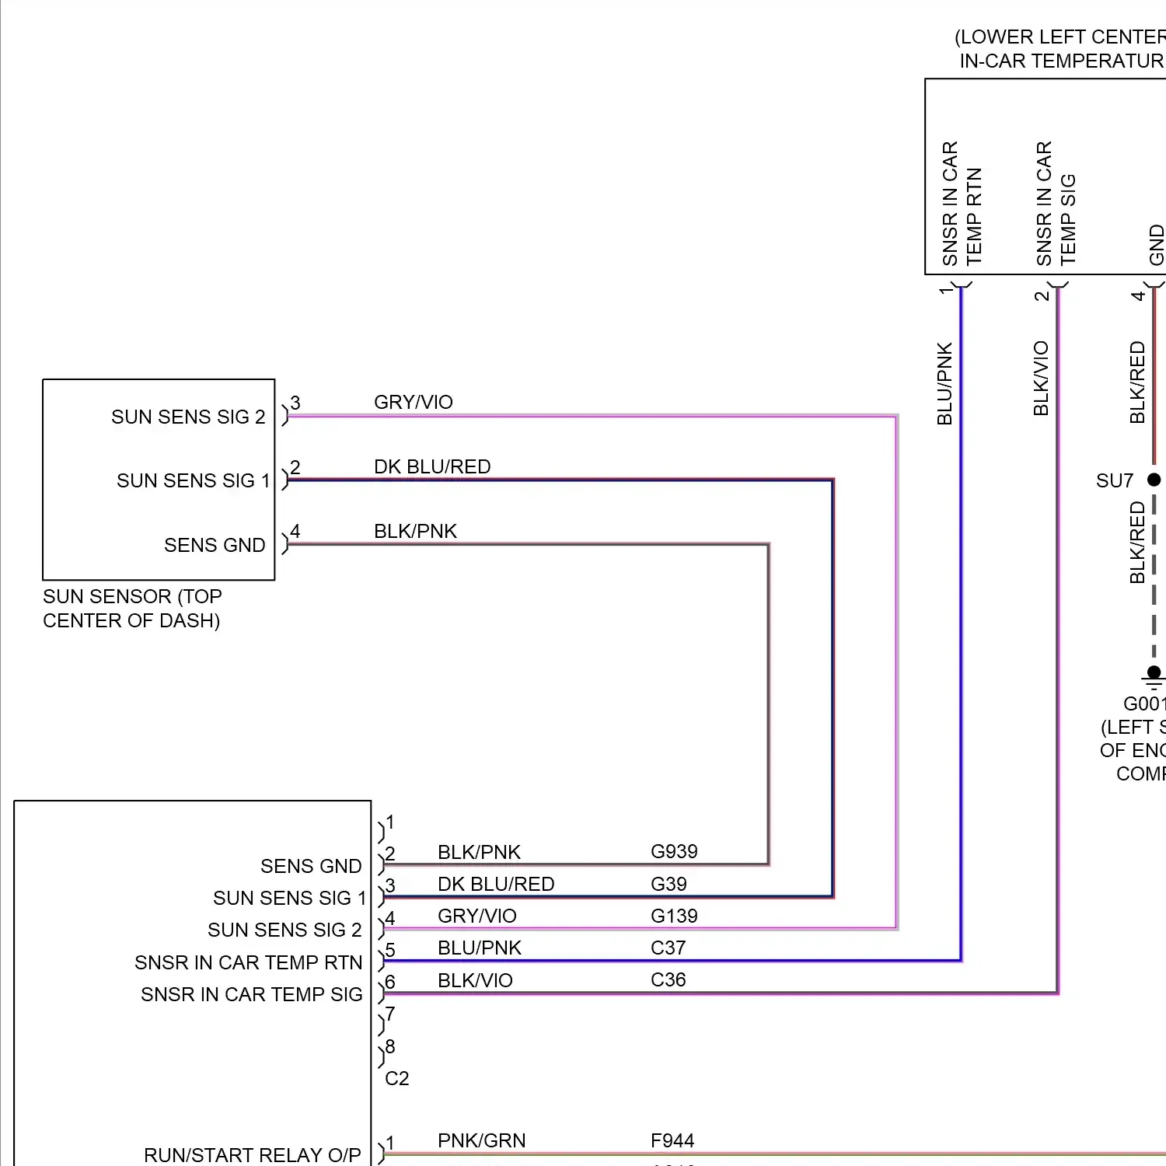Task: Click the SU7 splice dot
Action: coord(1154,480)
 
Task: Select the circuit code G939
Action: coord(674,852)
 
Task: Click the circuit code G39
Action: coord(669,885)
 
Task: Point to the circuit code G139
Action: coord(674,916)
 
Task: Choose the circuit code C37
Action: coord(668,948)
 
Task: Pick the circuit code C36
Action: coord(668,980)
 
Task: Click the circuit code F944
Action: coord(672,1141)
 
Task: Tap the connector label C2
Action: coord(396,1079)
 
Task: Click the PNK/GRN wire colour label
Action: coord(481,1141)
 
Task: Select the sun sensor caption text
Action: coord(131,609)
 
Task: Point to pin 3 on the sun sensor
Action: coord(295,403)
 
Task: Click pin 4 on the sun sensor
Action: coord(295,532)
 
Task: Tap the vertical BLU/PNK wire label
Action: coord(944,384)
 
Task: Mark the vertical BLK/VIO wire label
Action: coord(1041,378)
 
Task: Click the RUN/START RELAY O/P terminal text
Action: coord(252,1155)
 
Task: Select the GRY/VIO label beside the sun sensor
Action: coord(413,403)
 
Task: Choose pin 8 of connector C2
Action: coord(390,1047)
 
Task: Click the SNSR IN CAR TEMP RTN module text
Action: coord(248,963)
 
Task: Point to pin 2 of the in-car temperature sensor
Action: coord(1042,295)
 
